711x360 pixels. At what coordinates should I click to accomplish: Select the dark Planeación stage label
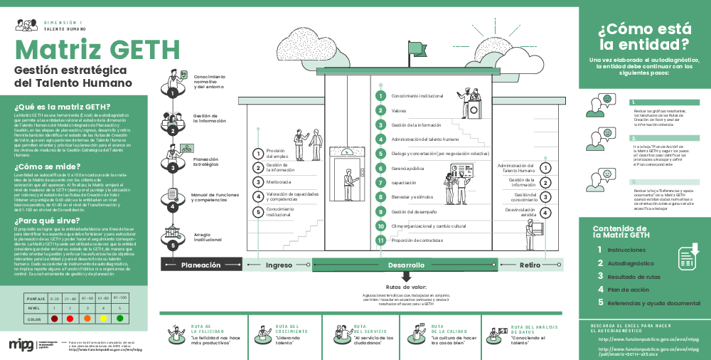[x=201, y=265]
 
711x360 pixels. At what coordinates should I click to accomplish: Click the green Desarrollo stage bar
[x=406, y=265]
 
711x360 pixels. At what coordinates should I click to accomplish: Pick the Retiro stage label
[x=530, y=265]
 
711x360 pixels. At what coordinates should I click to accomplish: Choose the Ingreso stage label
[x=279, y=265]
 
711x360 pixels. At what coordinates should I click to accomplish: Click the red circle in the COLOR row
[x=55, y=319]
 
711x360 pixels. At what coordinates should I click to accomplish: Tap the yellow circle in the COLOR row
[x=104, y=319]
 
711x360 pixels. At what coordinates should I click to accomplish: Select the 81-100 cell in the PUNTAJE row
[x=120, y=297]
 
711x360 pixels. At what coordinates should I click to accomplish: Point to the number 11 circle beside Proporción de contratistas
[x=381, y=240]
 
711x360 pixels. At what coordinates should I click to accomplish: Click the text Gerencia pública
[x=407, y=168]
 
